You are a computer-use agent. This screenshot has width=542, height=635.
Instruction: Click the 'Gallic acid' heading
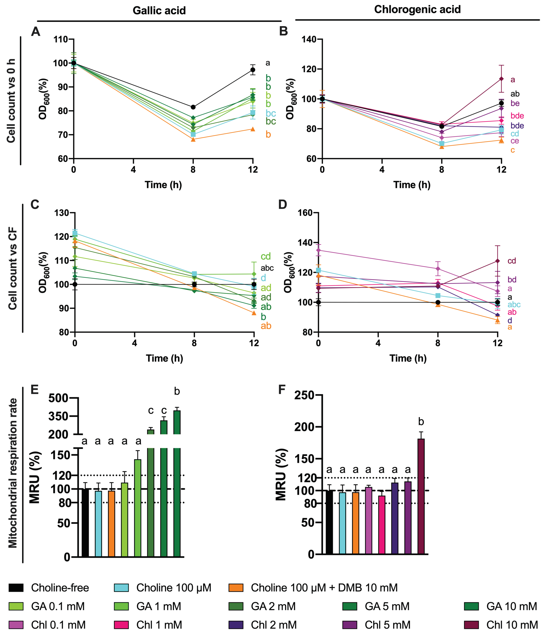click(x=159, y=11)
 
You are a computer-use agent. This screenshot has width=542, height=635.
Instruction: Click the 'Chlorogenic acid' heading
click(x=417, y=9)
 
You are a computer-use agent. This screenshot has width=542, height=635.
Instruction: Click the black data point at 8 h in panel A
click(x=193, y=107)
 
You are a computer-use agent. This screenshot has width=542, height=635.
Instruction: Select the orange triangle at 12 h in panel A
click(x=253, y=129)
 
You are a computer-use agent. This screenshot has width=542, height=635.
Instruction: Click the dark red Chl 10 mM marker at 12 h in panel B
click(x=501, y=79)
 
